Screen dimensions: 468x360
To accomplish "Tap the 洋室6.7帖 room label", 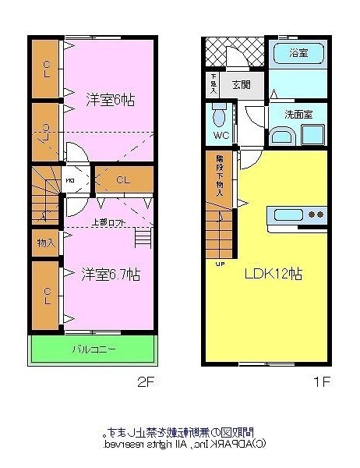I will pyautogui.click(x=111, y=275).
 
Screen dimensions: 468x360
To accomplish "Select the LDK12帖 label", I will pyautogui.click(x=274, y=275).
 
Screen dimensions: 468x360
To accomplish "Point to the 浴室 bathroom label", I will pyautogui.click(x=298, y=53).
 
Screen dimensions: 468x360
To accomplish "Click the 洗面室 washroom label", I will pyautogui.click(x=298, y=114).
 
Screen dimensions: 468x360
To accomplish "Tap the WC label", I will pyautogui.click(x=221, y=135).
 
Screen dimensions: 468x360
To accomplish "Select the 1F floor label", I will pyautogui.click(x=323, y=383).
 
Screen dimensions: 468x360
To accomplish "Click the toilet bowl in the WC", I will pyautogui.click(x=220, y=117).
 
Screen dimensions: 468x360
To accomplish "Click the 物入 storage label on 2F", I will pyautogui.click(x=45, y=243).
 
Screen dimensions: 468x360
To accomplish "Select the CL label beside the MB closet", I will pyautogui.click(x=122, y=180).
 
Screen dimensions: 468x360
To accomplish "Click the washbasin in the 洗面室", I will pyautogui.click(x=284, y=138).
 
